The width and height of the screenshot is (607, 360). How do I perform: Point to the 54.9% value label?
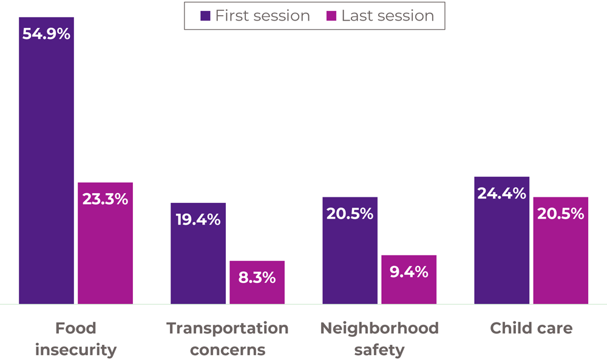tap(46, 34)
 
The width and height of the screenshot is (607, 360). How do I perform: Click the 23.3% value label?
tap(105, 199)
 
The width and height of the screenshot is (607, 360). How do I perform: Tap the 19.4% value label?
tap(198, 220)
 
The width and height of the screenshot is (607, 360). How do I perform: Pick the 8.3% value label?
tap(257, 277)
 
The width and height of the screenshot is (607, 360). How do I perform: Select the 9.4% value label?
tap(409, 272)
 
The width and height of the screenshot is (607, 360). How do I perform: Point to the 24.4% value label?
tap(501, 193)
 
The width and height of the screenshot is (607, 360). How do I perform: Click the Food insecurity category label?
tap(75, 339)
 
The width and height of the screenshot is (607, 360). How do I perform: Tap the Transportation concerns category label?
tap(227, 339)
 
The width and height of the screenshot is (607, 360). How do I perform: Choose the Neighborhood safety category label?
tap(379, 339)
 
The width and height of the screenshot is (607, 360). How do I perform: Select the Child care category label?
tap(531, 328)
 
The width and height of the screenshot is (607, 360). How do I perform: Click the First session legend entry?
tap(255, 16)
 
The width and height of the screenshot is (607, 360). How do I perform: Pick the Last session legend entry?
tap(381, 16)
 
